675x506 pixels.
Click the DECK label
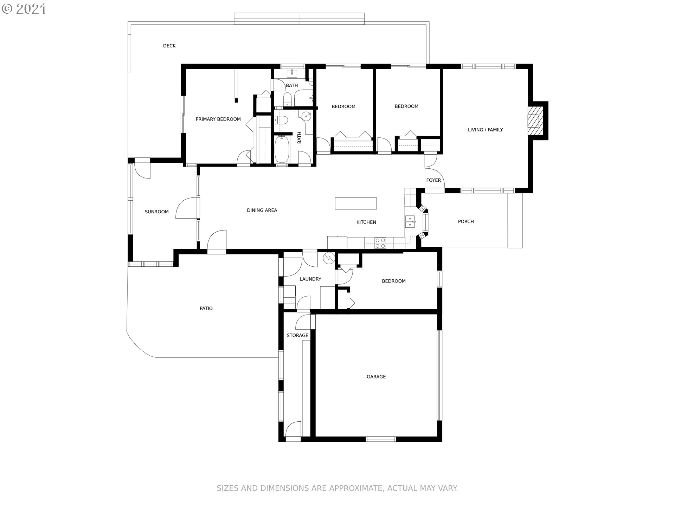[169, 46]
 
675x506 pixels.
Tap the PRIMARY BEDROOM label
[218, 119]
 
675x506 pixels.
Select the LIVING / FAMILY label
[485, 130]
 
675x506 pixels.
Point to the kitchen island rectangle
[356, 203]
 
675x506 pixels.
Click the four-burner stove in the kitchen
[380, 243]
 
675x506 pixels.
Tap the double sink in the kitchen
[410, 222]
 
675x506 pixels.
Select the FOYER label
[433, 180]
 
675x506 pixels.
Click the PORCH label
[466, 221]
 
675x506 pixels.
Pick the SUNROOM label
[157, 212]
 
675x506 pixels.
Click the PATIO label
[206, 308]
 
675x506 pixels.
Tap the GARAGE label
[376, 377]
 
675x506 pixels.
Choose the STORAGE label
[297, 335]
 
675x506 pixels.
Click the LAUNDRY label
[310, 279]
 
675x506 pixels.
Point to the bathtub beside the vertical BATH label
[282, 149]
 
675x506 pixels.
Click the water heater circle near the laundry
[329, 258]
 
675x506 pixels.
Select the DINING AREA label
[262, 210]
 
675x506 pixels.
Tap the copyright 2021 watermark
[24, 8]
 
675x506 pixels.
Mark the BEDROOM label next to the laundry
[394, 281]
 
